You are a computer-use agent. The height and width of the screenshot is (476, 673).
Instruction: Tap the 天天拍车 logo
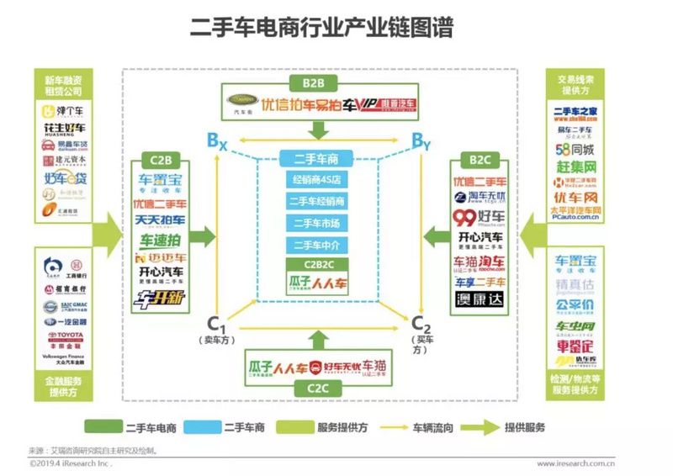[162, 221]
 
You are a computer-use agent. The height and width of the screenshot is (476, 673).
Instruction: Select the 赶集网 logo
[575, 167]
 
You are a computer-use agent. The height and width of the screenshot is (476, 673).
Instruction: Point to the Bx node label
[217, 140]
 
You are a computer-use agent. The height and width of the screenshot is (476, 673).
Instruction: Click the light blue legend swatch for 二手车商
[203, 426]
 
